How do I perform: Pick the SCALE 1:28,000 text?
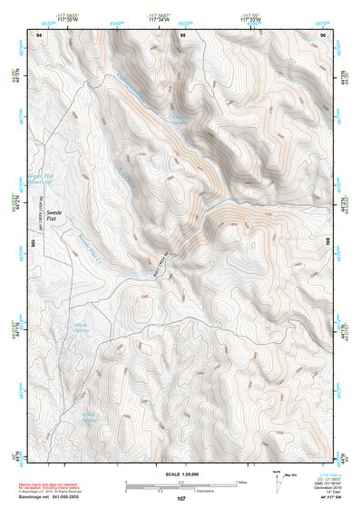click(x=180, y=475)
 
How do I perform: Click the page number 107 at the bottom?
click(x=180, y=498)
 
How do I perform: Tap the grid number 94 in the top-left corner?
click(x=39, y=34)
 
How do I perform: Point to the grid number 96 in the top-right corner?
click(x=322, y=34)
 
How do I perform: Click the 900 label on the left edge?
click(x=34, y=243)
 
